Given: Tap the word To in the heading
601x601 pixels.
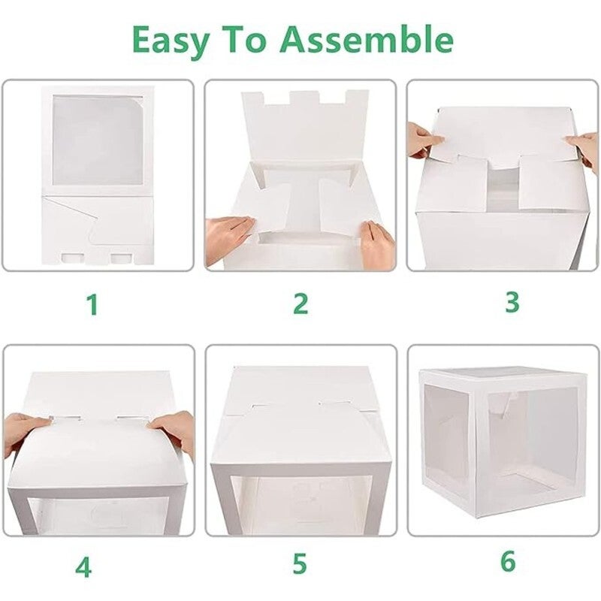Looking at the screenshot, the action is [x=244, y=40].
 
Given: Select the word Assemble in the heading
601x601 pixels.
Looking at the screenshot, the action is [x=367, y=39].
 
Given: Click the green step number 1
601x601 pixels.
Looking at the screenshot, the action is [x=92, y=304].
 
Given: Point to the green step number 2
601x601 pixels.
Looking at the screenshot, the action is [x=300, y=304].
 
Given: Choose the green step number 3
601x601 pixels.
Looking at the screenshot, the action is [x=512, y=302].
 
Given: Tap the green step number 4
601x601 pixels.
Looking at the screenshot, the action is [x=83, y=567].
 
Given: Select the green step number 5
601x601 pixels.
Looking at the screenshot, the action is [x=300, y=563].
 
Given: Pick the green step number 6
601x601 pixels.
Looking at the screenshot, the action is [x=508, y=562].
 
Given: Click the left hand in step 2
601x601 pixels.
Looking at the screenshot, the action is [x=228, y=240].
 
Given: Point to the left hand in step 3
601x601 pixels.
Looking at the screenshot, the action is [x=424, y=140].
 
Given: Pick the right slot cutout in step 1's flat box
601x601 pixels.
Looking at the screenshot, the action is [x=122, y=258].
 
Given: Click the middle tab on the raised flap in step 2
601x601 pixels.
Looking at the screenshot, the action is [x=305, y=98].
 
